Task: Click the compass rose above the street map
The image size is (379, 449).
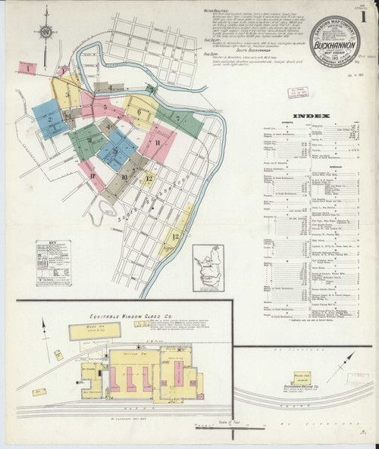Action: (x=46, y=32)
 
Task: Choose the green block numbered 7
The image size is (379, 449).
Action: (x=178, y=120)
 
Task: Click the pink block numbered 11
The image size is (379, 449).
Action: (x=158, y=143)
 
